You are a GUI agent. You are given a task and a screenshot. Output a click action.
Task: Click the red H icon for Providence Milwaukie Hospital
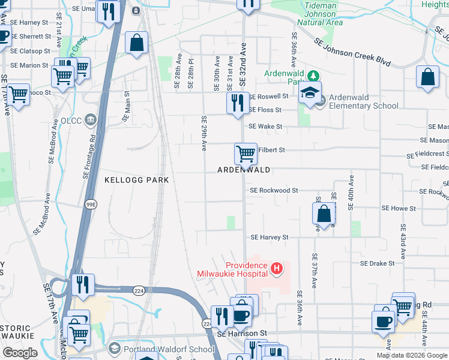[276, 268]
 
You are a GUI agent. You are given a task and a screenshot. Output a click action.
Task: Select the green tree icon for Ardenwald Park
[312, 76]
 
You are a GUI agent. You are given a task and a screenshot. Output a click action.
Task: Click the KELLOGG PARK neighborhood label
[137, 180]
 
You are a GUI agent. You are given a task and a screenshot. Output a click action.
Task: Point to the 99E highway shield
[91, 205]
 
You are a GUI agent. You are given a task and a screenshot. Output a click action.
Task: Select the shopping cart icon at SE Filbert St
[246, 154]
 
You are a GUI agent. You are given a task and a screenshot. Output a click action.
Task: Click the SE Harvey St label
[270, 238]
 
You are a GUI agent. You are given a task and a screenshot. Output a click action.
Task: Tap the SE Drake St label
[377, 263]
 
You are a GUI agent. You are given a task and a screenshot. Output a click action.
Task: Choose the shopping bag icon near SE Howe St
[324, 214]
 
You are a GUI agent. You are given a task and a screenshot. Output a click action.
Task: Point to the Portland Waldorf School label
[169, 349]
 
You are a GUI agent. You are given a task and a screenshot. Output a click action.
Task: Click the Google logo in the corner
[20, 353]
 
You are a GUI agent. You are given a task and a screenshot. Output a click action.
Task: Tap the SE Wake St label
[265, 127]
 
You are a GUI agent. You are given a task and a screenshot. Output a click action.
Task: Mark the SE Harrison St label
[242, 333]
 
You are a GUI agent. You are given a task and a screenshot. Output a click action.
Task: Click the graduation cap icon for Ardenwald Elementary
[310, 92]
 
